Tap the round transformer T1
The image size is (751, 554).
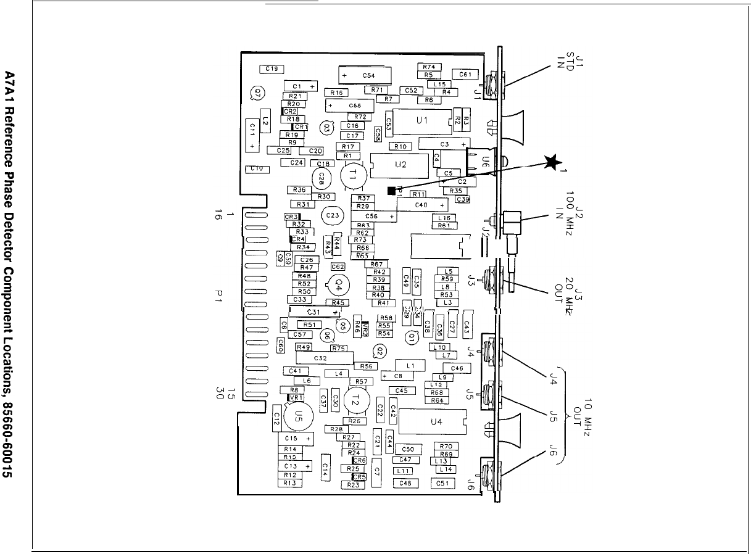353,175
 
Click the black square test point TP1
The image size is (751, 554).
391,191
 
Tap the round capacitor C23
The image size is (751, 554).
332,216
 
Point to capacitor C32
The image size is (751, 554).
321,358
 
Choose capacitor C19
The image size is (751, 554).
272,69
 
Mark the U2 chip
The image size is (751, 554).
400,165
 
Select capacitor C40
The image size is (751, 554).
422,204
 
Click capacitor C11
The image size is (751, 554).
253,134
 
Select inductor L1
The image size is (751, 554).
410,365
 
